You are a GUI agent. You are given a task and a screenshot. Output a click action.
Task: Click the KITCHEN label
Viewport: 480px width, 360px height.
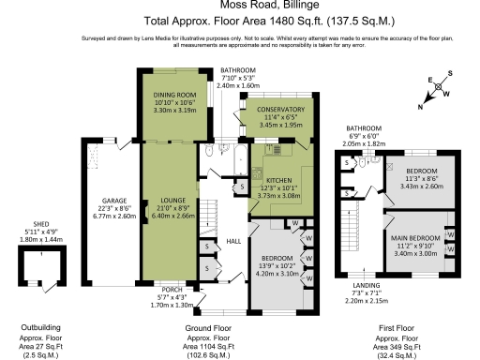(278, 178)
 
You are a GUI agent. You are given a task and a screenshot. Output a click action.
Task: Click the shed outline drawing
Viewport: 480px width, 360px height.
(40, 272)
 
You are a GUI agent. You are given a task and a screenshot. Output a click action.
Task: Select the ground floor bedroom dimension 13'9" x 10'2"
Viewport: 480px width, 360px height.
(280, 265)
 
